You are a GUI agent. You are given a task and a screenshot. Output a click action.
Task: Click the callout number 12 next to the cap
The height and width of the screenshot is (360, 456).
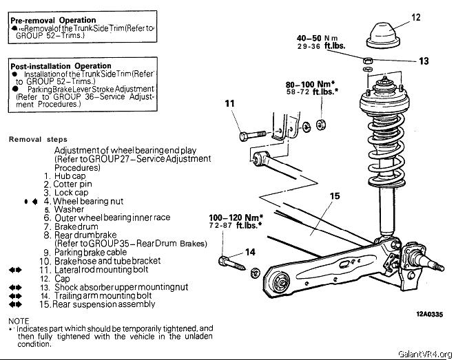point(415,17)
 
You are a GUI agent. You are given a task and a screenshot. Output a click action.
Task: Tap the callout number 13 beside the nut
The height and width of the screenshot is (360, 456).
point(424,61)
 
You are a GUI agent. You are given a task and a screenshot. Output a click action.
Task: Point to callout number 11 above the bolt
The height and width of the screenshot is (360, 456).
point(229,104)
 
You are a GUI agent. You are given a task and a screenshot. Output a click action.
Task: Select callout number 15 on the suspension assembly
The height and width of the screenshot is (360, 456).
point(335,196)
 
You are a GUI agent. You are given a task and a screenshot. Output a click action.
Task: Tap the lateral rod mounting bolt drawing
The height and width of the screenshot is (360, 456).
point(251,136)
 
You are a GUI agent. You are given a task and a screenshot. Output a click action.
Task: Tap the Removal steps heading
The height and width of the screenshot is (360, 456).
point(38,139)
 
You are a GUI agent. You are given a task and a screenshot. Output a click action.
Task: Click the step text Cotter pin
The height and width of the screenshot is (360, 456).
point(80,184)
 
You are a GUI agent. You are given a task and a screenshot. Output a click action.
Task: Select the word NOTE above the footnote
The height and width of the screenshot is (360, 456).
point(19,321)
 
